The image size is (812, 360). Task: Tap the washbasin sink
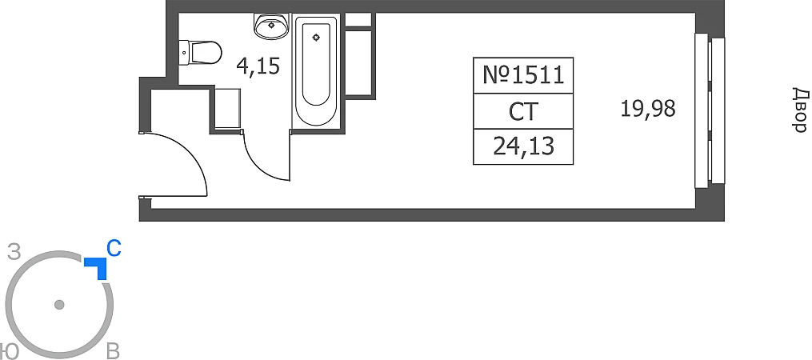[x=272, y=26]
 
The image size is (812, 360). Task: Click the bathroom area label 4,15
[x=258, y=66]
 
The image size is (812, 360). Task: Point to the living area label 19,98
[x=648, y=107]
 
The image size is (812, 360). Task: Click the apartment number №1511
[x=523, y=76]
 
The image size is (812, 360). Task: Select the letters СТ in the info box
[x=523, y=111]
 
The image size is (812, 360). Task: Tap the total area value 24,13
[x=523, y=146]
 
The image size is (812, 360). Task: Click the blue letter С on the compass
[x=114, y=249]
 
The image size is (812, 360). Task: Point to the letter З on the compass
[x=13, y=253]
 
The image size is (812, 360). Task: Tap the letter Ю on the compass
[x=9, y=351]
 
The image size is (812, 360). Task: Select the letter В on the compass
[x=113, y=351]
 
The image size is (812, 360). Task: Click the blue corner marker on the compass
[x=98, y=267]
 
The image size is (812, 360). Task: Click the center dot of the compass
[x=58, y=305]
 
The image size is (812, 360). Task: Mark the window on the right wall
[x=710, y=110]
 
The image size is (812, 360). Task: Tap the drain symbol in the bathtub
[x=317, y=36]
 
